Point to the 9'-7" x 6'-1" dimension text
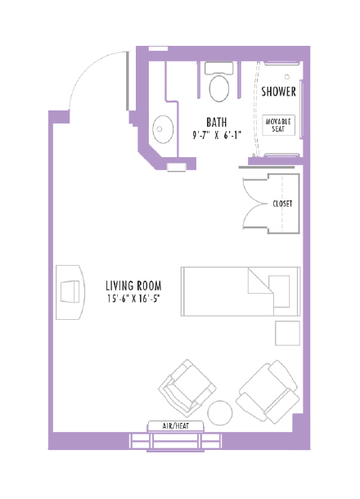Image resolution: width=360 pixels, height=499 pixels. tap(217, 135)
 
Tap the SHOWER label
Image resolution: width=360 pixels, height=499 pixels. tap(278, 92)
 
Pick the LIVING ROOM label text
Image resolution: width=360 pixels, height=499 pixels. tap(133, 285)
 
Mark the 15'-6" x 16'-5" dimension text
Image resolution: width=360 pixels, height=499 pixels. tap(133, 299)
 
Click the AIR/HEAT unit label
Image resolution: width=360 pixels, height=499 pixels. tap(176, 425)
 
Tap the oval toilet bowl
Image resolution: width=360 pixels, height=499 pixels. tap(219, 88)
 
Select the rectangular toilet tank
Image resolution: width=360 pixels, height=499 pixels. tap(219, 69)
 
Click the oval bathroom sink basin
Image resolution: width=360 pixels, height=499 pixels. tap(164, 128)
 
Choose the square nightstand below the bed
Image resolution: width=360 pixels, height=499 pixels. tap(287, 334)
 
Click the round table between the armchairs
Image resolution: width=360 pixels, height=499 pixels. tap(220, 412)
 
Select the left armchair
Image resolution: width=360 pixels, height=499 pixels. tap(187, 387)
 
